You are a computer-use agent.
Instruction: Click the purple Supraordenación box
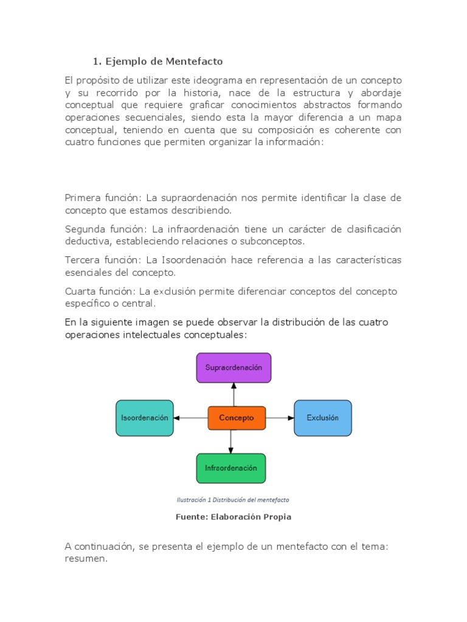click(x=233, y=367)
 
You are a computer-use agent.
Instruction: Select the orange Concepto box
click(x=237, y=418)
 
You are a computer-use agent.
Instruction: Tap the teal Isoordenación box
click(x=144, y=418)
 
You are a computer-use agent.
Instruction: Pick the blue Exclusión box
click(x=322, y=418)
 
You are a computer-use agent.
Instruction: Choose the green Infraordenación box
click(x=230, y=468)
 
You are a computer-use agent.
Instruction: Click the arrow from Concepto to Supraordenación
click(x=233, y=394)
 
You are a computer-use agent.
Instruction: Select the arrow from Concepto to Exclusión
click(x=280, y=418)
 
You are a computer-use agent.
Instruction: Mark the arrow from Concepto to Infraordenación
click(x=230, y=442)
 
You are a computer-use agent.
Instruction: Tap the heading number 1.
click(x=95, y=61)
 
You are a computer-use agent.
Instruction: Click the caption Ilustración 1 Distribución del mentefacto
click(x=233, y=500)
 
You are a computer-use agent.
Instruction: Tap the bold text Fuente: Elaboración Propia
click(x=233, y=517)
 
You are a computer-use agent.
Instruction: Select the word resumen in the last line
click(x=85, y=559)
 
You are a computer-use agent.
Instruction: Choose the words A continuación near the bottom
click(x=99, y=547)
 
